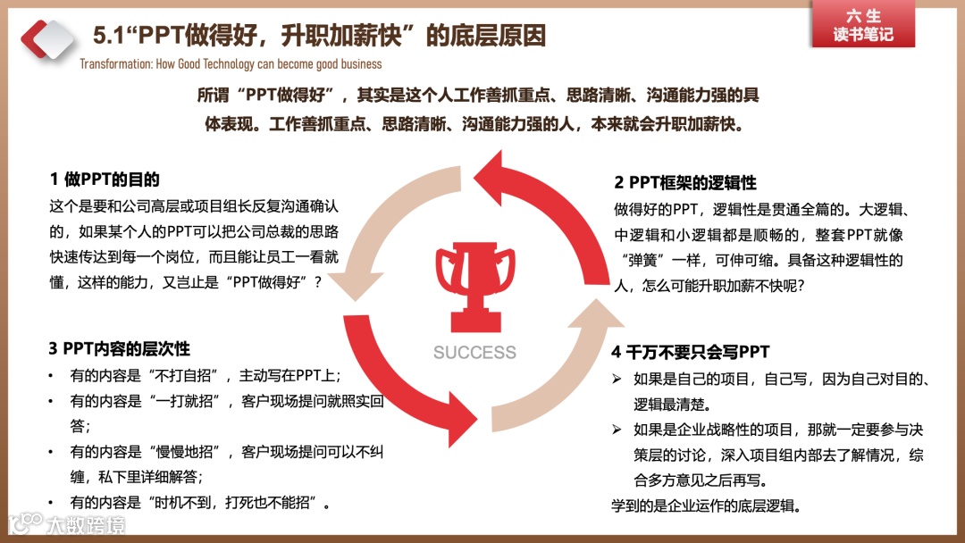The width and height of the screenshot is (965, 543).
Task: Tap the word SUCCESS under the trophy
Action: click(x=474, y=352)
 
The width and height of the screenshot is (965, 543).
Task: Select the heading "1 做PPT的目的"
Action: click(x=105, y=179)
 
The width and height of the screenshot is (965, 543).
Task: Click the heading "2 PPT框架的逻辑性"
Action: click(x=685, y=182)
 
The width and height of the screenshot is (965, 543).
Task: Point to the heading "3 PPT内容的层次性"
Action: click(x=120, y=348)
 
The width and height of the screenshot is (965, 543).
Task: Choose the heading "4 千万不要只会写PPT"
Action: click(x=690, y=352)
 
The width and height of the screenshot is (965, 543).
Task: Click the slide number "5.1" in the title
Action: click(x=111, y=36)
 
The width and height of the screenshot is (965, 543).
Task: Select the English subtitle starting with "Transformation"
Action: click(x=231, y=64)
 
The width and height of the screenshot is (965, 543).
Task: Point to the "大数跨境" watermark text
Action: click(x=86, y=524)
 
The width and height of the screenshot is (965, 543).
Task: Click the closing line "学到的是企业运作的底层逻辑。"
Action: click(x=706, y=505)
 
